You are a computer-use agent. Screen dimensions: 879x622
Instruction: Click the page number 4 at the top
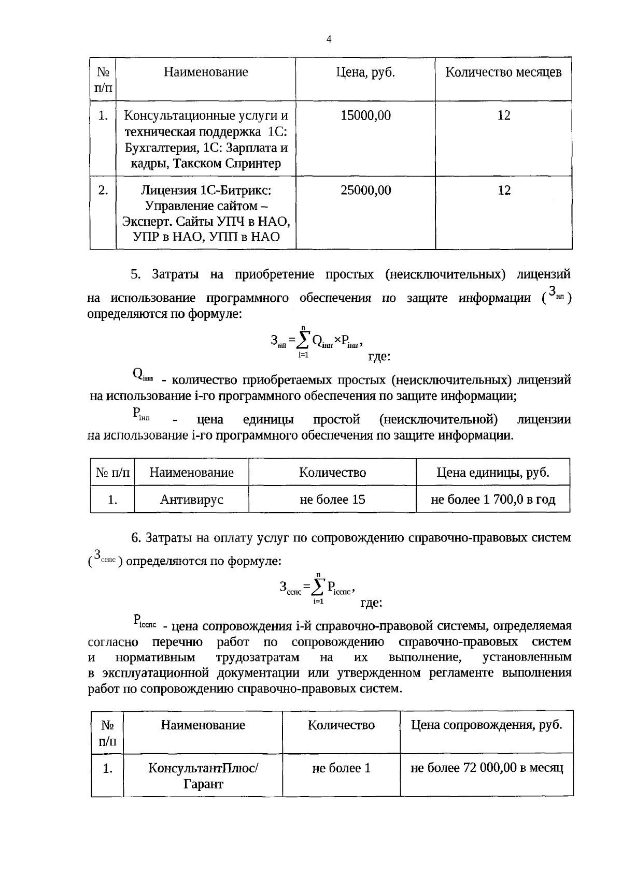click(x=329, y=39)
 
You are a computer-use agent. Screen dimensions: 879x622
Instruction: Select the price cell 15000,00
click(x=365, y=115)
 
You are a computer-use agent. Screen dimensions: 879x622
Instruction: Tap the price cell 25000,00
click(x=365, y=191)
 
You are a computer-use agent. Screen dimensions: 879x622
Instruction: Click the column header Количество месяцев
click(x=503, y=72)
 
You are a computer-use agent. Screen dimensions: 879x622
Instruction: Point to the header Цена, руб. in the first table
click(x=365, y=72)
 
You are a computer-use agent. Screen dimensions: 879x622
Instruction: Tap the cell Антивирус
click(x=191, y=500)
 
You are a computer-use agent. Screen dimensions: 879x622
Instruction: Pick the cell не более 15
click(x=332, y=500)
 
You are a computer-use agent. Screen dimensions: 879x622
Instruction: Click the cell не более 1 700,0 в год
click(x=493, y=500)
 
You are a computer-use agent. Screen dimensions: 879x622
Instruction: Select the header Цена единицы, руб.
click(x=493, y=473)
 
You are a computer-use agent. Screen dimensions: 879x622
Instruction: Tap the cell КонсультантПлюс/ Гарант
click(x=203, y=775)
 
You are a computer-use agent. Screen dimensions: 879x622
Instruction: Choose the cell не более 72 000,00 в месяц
click(x=487, y=768)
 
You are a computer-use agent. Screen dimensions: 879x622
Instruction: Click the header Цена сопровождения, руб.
click(x=487, y=725)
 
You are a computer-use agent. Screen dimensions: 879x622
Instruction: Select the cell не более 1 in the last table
click(x=341, y=768)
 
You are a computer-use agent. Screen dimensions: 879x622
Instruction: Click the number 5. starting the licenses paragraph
click(x=136, y=274)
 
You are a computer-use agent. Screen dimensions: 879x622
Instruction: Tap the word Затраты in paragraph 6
click(x=169, y=538)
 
